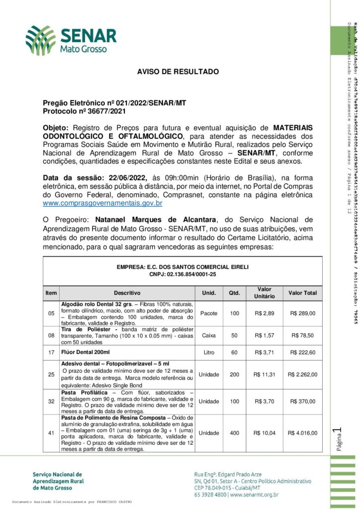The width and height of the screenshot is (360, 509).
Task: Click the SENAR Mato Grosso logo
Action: [71, 40]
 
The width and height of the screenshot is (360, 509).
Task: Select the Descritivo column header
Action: [127, 293]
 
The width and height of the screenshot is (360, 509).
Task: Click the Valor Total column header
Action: [303, 293]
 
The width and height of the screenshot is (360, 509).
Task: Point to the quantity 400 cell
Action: [234, 433]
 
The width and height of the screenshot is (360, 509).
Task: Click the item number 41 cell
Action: [51, 433]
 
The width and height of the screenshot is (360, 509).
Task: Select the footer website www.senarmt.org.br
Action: [254, 495]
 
